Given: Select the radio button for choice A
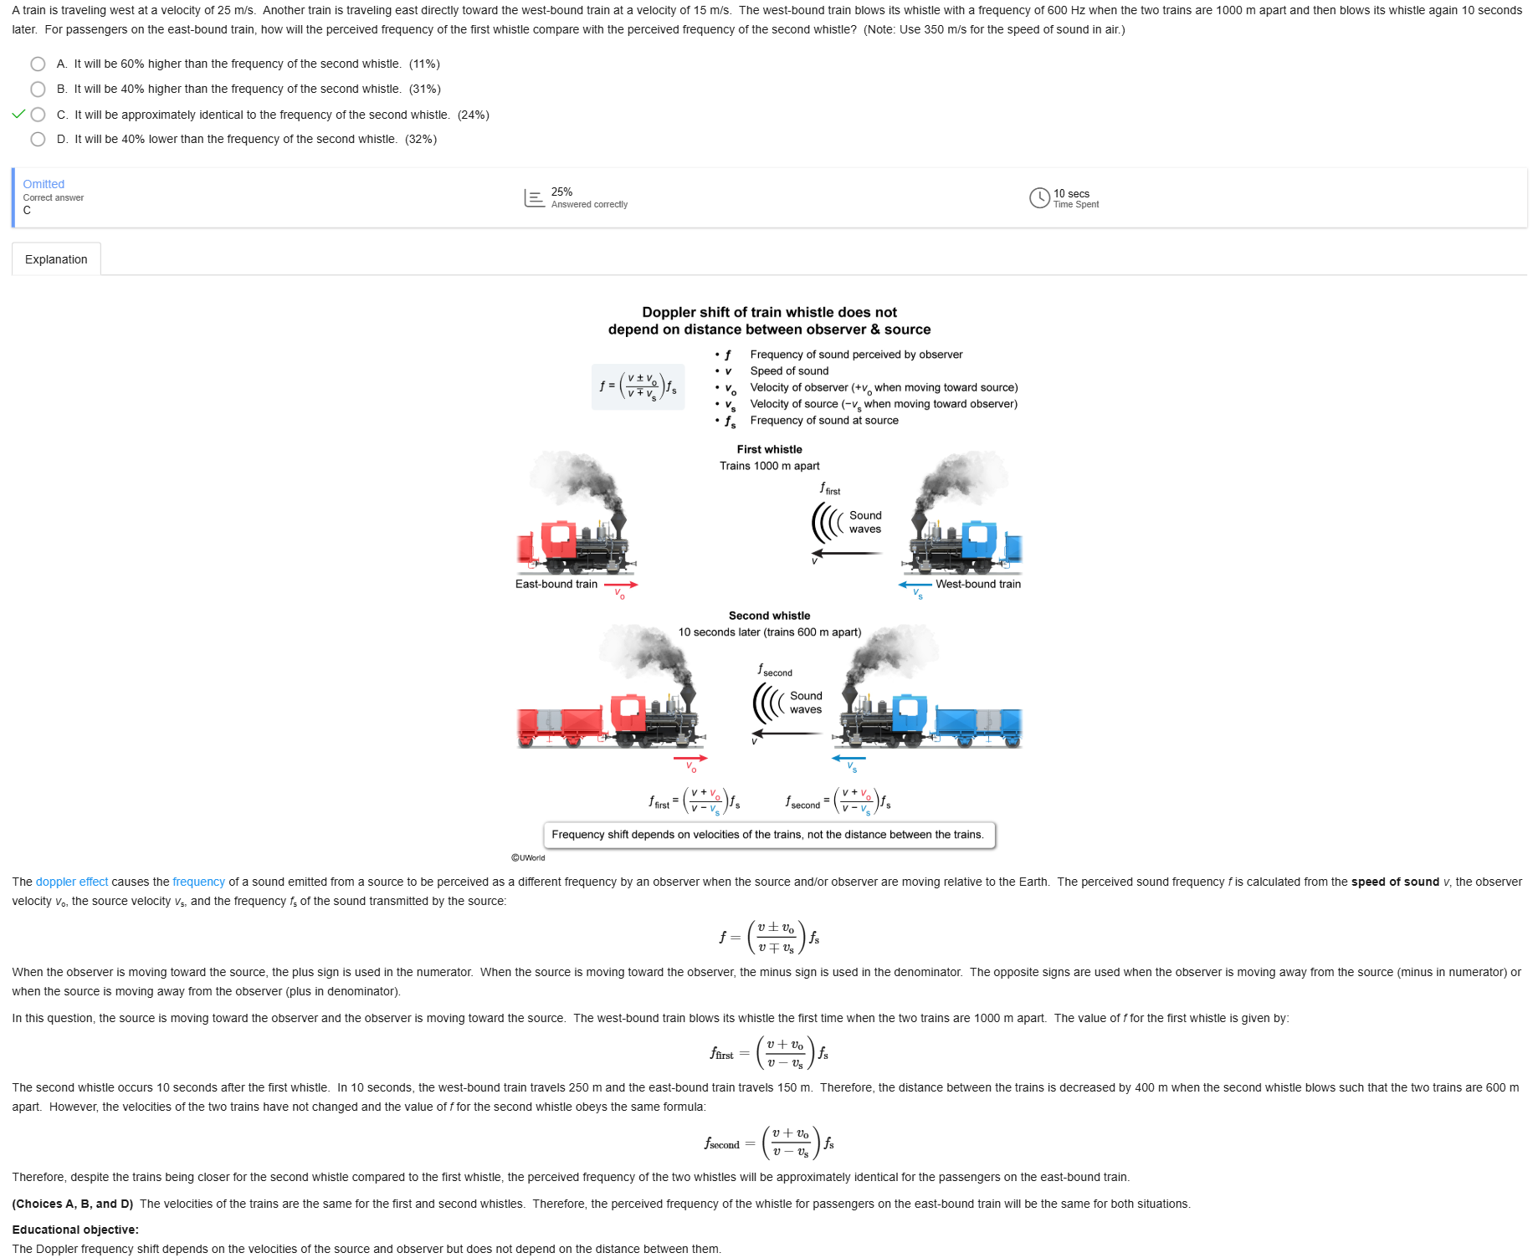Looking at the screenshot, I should (38, 64).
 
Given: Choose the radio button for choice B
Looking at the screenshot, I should (38, 89).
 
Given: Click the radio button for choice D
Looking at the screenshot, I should (38, 140).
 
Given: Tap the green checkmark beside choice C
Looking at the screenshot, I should (18, 115).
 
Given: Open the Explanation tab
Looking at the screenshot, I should (56, 259).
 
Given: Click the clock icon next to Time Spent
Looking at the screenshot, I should (1039, 198).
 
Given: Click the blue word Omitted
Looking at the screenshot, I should (44, 184).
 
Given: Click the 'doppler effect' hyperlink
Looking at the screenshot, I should (72, 882).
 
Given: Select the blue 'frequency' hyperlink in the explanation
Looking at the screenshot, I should (198, 882).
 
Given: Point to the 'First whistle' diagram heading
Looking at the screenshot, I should (769, 449).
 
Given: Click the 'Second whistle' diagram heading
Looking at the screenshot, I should (769, 616).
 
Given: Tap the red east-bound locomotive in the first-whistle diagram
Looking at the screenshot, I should (573, 540).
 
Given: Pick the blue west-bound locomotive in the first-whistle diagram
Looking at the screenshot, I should (962, 540).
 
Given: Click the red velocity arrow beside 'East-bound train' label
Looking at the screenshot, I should (621, 585).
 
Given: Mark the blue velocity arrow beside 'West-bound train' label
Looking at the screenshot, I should (915, 585).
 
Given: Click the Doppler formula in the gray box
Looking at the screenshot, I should (638, 386).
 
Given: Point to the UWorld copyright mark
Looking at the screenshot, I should (528, 857).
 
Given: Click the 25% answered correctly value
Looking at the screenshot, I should (561, 192).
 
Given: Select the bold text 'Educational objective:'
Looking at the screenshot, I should (75, 1230).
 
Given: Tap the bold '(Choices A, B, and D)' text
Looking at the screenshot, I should (73, 1204).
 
